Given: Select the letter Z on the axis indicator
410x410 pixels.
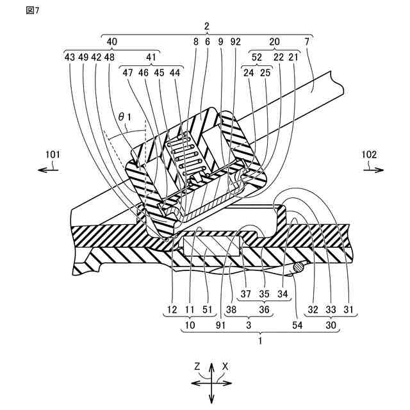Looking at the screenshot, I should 199,366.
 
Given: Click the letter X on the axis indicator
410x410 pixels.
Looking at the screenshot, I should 225,366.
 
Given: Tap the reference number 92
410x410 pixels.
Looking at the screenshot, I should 235,57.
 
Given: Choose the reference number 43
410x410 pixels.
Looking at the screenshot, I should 70,57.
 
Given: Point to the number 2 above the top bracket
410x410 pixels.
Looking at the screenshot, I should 206,26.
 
